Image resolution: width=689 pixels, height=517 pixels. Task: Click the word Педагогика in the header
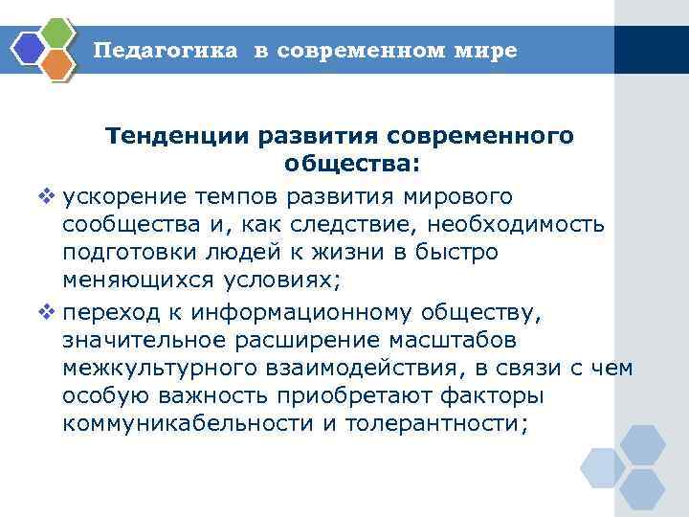(x=165, y=51)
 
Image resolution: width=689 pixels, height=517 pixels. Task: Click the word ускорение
(x=124, y=197)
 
